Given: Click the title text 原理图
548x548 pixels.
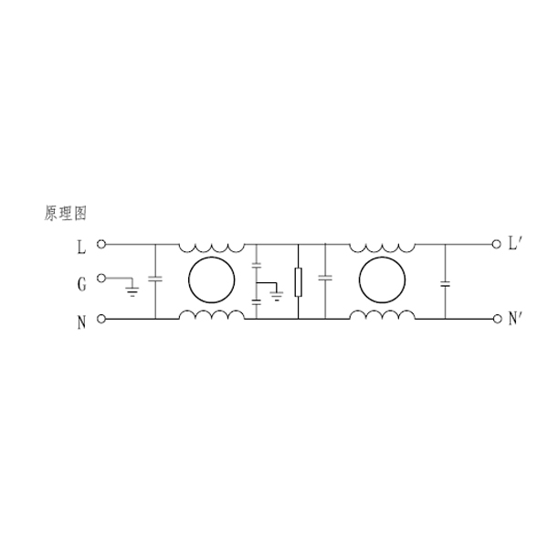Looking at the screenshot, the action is [x=66, y=213].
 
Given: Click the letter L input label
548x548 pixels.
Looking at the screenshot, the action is [x=81, y=248].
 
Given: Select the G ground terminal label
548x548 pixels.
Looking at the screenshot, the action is [x=81, y=284].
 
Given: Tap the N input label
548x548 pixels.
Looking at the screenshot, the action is [x=81, y=322].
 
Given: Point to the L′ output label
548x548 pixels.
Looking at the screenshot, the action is [x=515, y=243].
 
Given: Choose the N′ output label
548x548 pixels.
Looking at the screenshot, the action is [x=515, y=318].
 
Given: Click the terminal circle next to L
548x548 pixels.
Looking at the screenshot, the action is [x=101, y=244].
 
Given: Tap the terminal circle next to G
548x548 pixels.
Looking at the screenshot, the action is [x=101, y=279].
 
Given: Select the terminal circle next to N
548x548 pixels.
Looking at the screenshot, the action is [x=101, y=319].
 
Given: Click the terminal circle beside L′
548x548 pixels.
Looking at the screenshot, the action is [x=496, y=244].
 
